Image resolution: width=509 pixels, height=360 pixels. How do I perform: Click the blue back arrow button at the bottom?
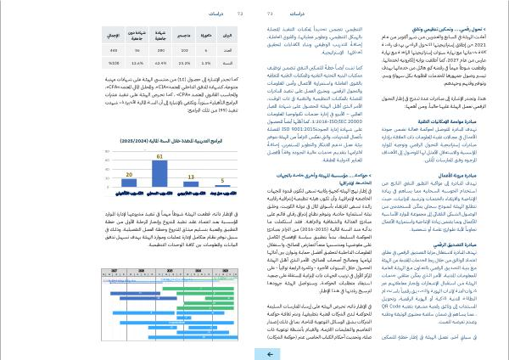(x=267, y=352)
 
